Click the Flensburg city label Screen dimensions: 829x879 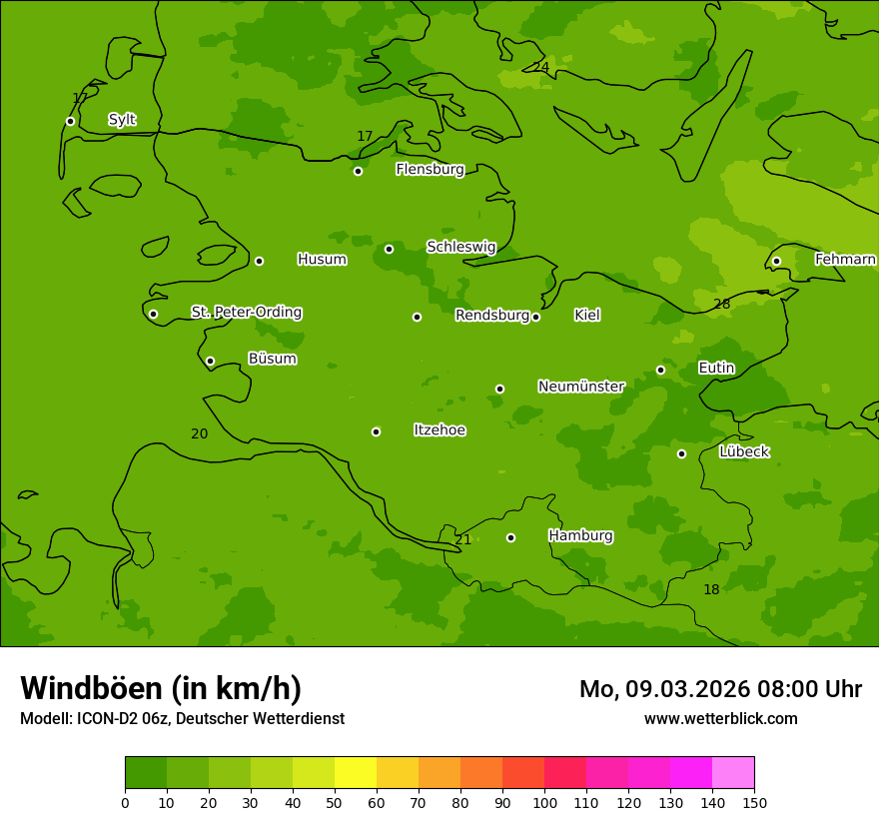[430, 169]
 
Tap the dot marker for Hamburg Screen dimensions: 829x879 [510, 537]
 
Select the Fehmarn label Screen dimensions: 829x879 [845, 259]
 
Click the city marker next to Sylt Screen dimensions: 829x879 [70, 121]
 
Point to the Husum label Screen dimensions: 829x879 [322, 260]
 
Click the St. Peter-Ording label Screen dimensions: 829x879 [247, 312]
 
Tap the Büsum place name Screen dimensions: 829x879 [272, 359]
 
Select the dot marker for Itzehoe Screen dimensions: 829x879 [376, 431]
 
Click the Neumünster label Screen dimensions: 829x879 [581, 387]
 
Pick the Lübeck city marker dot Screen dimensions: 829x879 [681, 453]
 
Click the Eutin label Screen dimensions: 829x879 [716, 368]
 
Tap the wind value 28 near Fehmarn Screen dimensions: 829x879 [721, 304]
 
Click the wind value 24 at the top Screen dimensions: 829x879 [540, 67]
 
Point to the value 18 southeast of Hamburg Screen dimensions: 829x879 [711, 590]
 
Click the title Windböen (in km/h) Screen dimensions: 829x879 [161, 688]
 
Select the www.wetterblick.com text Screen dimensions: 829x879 [720, 718]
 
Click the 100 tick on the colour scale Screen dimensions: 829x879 [544, 802]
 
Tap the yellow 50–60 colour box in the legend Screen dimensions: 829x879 [356, 773]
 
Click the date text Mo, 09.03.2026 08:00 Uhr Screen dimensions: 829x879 [720, 689]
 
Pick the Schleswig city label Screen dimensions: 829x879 [460, 247]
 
